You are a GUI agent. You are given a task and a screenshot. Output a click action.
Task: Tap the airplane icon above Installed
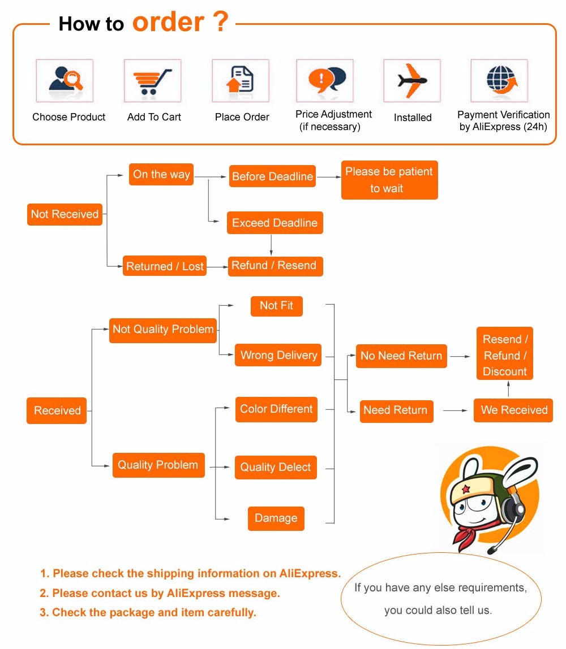click(411, 80)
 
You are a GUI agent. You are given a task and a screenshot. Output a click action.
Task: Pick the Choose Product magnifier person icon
click(65, 80)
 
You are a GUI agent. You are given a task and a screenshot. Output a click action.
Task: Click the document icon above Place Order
click(241, 80)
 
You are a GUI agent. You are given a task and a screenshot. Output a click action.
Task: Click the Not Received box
click(65, 214)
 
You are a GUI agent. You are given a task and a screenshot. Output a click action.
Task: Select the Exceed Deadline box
click(275, 223)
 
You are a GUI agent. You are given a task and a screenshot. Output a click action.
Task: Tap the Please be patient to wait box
click(389, 180)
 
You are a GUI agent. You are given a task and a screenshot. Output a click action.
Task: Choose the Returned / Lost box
click(165, 266)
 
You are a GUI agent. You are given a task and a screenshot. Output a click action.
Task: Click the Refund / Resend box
click(275, 266)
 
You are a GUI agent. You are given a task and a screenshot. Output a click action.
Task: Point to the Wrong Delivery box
click(278, 355)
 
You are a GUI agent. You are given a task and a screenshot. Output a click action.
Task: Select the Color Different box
click(276, 409)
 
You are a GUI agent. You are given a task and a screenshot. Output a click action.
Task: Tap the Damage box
click(276, 518)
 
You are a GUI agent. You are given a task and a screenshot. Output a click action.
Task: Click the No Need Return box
click(401, 356)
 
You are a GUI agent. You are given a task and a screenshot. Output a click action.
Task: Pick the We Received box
click(514, 410)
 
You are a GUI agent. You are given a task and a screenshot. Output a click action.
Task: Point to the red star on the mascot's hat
click(466, 488)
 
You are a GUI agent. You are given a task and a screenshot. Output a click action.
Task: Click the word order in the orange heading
click(168, 23)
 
